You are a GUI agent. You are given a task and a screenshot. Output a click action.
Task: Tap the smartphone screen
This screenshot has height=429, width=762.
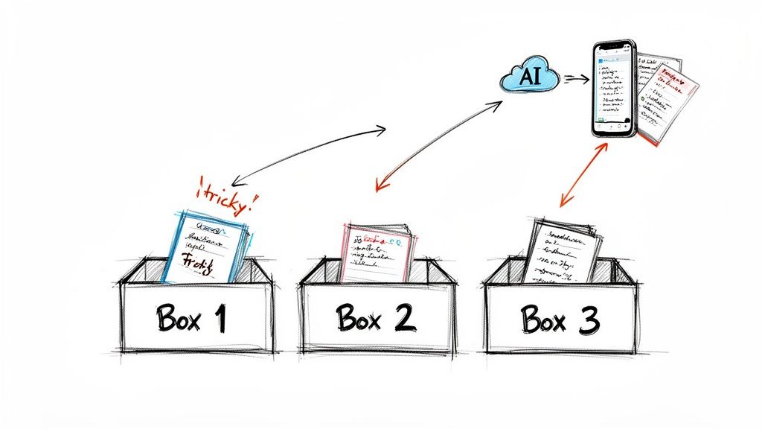point(615,88)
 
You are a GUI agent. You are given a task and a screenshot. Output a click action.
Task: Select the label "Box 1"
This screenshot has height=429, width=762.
point(191,318)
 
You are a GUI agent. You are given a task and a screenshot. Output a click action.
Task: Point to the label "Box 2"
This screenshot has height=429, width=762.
point(374,318)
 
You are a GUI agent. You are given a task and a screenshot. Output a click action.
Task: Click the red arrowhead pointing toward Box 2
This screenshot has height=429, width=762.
point(379,186)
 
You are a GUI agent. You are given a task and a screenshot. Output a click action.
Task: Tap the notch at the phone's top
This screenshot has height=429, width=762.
point(615,47)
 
